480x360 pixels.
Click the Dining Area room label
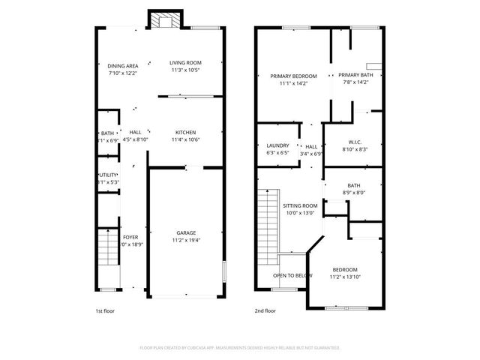(122, 66)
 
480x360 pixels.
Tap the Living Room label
(185, 63)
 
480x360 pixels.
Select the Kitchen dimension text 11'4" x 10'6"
(184, 139)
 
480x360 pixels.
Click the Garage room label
(186, 232)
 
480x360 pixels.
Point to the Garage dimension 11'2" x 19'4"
(186, 240)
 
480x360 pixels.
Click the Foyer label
(130, 237)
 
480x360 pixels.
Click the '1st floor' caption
(104, 310)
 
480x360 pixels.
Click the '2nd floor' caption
(265, 310)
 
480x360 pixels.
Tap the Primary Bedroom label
(293, 76)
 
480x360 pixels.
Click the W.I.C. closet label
(355, 142)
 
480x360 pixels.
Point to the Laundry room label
(277, 145)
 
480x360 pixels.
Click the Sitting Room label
(300, 205)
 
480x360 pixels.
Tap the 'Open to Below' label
(292, 275)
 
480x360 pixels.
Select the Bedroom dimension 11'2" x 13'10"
(345, 277)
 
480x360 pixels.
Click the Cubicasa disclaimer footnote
(240, 348)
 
